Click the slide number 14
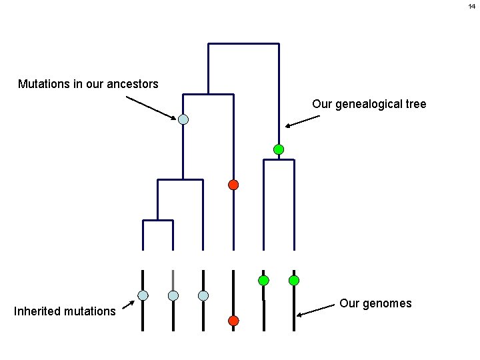pyautogui.click(x=471, y=6)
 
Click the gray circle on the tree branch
pyautogui.click(x=183, y=120)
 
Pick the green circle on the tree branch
pyautogui.click(x=279, y=149)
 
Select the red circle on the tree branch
pyautogui.click(x=233, y=185)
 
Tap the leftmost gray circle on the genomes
pyautogui.click(x=143, y=295)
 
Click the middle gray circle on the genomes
pyautogui.click(x=173, y=295)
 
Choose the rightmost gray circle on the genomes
pyautogui.click(x=203, y=295)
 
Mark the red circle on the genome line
pyautogui.click(x=233, y=321)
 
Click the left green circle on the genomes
pyautogui.click(x=263, y=280)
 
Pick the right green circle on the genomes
pyautogui.click(x=294, y=280)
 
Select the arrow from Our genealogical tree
pyautogui.click(x=303, y=121)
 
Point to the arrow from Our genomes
pyautogui.click(x=316, y=310)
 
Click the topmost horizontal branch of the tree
pyautogui.click(x=243, y=44)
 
